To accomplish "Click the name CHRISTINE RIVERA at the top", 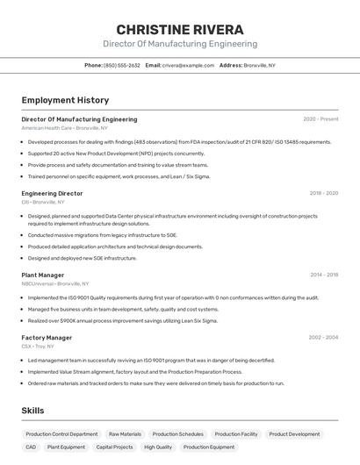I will pyautogui.click(x=179, y=29).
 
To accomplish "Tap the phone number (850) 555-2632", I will pyautogui.click(x=121, y=66).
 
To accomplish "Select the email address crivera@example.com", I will pyautogui.click(x=187, y=66).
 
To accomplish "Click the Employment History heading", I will pyautogui.click(x=65, y=100).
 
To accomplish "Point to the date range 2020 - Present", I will pyautogui.click(x=320, y=119).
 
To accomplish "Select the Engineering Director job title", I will pyautogui.click(x=52, y=193).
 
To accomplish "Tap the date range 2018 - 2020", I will pyautogui.click(x=323, y=193).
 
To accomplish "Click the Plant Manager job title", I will pyautogui.click(x=43, y=275).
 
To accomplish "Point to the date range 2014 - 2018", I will pyautogui.click(x=323, y=275).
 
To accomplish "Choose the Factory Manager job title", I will pyautogui.click(x=47, y=337).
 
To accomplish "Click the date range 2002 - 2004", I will pyautogui.click(x=323, y=337).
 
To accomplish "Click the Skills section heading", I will pyautogui.click(x=32, y=410).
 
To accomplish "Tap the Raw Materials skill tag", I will pyautogui.click(x=125, y=434).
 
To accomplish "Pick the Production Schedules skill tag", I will pyautogui.click(x=177, y=434).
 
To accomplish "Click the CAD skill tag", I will pyautogui.click(x=31, y=447).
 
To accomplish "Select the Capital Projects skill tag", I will pyautogui.click(x=114, y=447).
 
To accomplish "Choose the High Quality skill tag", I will pyautogui.click(x=158, y=447).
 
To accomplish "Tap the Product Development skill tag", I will pyautogui.click(x=294, y=434).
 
